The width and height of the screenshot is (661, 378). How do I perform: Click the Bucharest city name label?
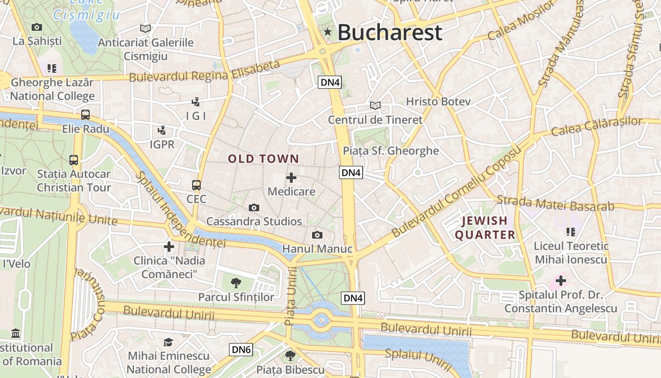click(390, 32)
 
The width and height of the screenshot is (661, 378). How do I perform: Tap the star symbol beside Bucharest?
click(327, 32)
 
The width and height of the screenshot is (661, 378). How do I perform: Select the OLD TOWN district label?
click(263, 159)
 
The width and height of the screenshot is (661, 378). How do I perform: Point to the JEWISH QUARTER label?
click(485, 228)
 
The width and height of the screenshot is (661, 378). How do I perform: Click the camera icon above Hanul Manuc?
click(317, 235)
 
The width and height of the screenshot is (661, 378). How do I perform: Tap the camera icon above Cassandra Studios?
click(254, 207)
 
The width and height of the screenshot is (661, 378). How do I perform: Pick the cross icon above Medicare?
click(291, 178)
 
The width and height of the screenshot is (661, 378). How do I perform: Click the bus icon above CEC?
click(196, 185)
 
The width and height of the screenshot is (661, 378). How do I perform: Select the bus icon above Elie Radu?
click(85, 115)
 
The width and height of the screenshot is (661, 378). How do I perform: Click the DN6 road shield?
click(241, 350)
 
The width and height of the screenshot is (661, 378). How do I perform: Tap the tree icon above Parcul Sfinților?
click(236, 283)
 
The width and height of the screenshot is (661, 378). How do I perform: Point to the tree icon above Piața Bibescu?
click(290, 355)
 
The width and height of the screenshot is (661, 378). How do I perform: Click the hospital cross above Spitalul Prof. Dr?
click(560, 281)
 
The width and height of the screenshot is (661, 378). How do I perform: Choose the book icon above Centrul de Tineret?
click(375, 105)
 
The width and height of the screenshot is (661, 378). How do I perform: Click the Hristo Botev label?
click(438, 101)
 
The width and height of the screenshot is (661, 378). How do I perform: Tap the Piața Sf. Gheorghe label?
click(391, 151)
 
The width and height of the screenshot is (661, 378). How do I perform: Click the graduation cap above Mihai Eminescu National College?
click(168, 342)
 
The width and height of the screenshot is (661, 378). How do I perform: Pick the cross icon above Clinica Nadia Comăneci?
click(169, 246)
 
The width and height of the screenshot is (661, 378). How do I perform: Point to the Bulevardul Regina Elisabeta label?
click(204, 71)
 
